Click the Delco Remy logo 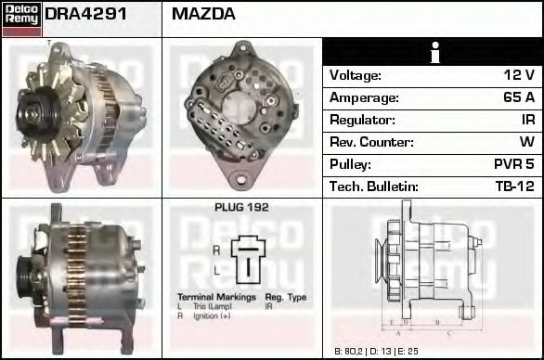click(x=20, y=19)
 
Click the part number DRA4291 click(x=86, y=15)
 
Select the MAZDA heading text click(x=203, y=15)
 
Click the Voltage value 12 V click(x=518, y=75)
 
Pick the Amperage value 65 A click(x=516, y=97)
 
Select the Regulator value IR click(x=526, y=120)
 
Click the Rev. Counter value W click(x=526, y=142)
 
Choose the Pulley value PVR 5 click(x=512, y=164)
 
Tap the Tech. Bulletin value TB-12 click(x=513, y=186)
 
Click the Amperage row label click(x=364, y=97)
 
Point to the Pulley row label click(x=351, y=164)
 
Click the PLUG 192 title click(x=241, y=208)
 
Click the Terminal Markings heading click(x=210, y=297)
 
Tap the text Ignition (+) click(x=212, y=315)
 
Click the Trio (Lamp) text click(x=209, y=306)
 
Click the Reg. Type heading click(x=286, y=297)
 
